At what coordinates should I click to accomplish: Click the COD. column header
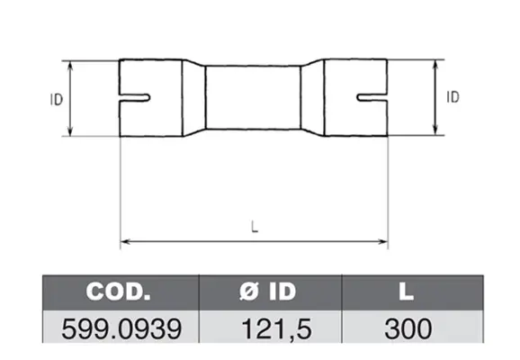[x=118, y=292]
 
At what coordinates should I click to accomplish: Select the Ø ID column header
[x=267, y=292]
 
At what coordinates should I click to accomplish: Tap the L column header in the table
[x=407, y=292]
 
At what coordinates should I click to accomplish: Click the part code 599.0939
[x=121, y=328]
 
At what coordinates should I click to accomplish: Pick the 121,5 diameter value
[x=276, y=329]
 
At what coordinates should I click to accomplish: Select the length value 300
[x=408, y=328]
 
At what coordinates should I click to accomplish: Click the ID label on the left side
[x=57, y=100]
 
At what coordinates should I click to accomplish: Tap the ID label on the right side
[x=453, y=97]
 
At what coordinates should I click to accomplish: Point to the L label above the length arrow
[x=255, y=227]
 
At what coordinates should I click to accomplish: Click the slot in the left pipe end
[x=134, y=97]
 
